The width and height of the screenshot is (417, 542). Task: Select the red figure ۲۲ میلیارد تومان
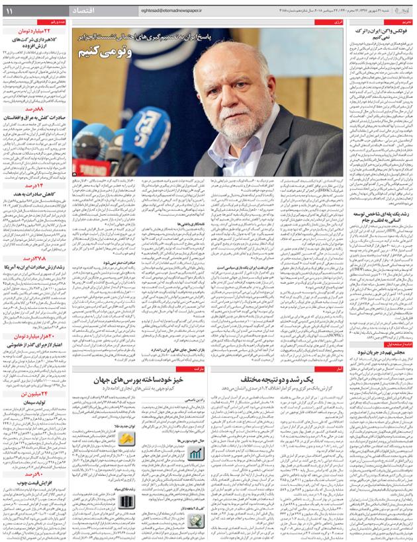click(x=34, y=30)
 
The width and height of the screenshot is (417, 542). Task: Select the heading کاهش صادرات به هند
click(x=34, y=193)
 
